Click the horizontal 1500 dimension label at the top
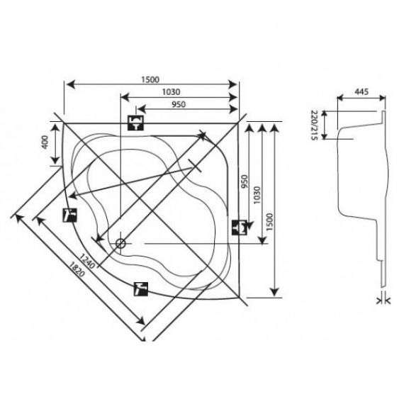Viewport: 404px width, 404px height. click(x=150, y=79)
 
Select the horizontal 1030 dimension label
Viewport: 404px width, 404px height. click(x=171, y=92)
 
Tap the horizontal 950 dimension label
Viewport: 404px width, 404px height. click(x=179, y=104)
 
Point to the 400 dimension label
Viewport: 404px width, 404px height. click(x=45, y=142)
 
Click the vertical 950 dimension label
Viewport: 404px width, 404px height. click(x=245, y=181)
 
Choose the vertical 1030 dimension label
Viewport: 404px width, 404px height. click(x=257, y=196)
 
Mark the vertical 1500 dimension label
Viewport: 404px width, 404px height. click(x=269, y=222)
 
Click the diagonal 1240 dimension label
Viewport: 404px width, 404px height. click(x=86, y=261)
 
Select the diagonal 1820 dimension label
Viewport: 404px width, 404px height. click(x=77, y=269)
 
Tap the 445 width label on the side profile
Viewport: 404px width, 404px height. click(x=361, y=91)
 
